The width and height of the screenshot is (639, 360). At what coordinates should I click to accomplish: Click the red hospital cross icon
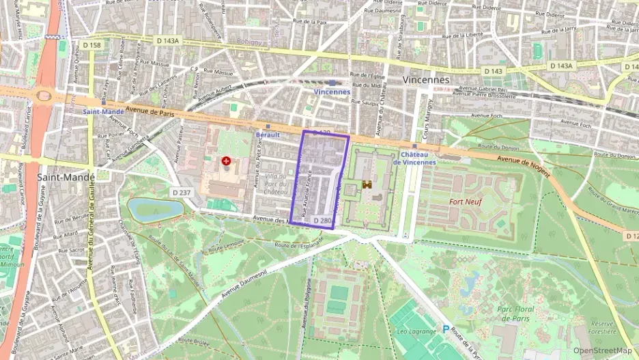click(226, 161)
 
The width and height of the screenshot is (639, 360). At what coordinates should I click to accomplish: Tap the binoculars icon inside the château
click(367, 184)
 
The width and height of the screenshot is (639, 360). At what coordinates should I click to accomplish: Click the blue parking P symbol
click(446, 329)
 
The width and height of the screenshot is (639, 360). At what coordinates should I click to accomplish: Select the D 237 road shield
click(182, 193)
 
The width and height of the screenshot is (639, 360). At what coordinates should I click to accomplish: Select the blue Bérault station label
click(268, 135)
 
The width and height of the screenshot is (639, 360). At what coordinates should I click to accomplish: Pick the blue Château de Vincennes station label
click(418, 158)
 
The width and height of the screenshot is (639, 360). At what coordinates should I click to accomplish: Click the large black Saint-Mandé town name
click(63, 177)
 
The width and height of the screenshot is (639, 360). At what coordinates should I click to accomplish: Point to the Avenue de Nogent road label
click(524, 165)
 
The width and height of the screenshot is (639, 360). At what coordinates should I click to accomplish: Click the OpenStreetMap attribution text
click(602, 350)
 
